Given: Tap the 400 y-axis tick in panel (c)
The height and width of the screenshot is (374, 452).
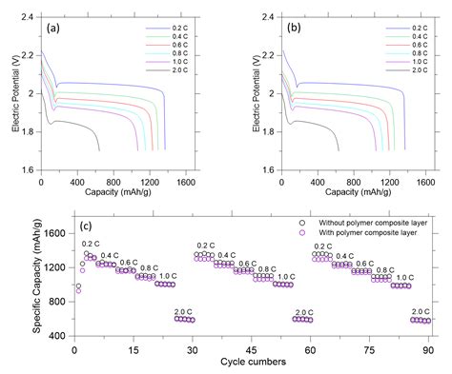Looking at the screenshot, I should pyautogui.click(x=59, y=336).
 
